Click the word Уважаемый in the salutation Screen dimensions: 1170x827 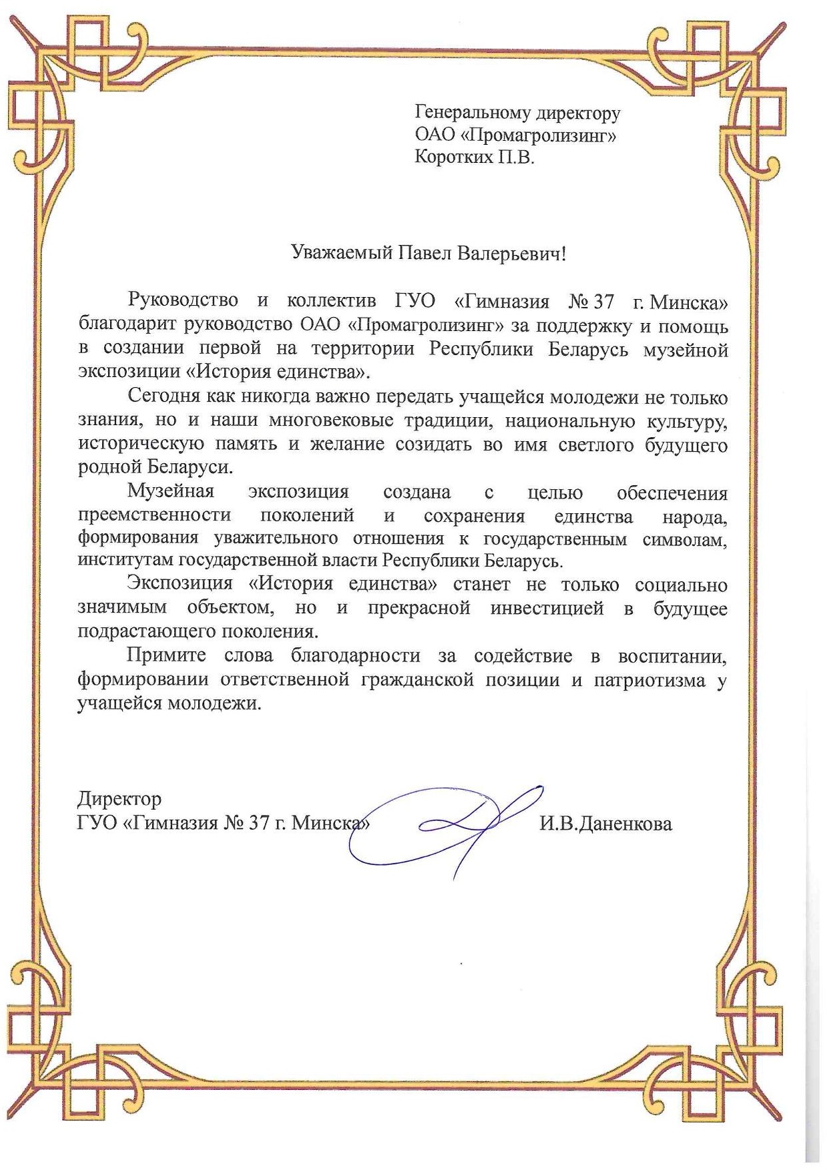pos(342,254)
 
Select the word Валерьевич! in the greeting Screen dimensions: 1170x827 pos(511,254)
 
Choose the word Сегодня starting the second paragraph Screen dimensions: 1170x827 pos(164,397)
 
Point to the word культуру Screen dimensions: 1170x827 pos(687,422)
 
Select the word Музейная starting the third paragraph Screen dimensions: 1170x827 pos(171,493)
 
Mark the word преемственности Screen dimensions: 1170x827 pos(154,516)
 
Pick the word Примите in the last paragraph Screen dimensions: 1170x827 pos(166,656)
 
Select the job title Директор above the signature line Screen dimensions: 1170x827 pos(119,799)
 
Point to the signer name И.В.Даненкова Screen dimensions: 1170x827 pos(605,824)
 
